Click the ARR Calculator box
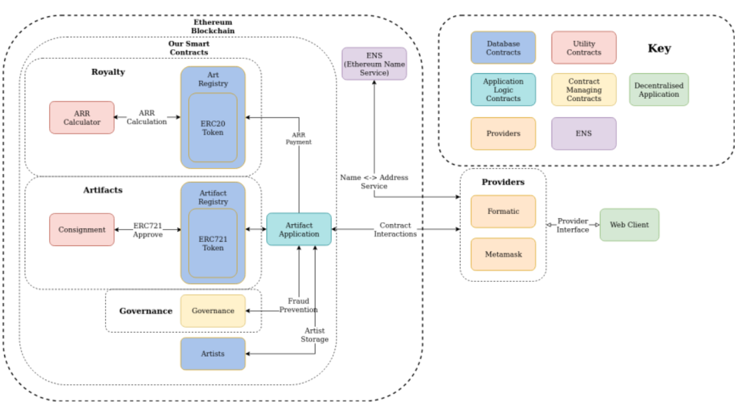pos(82,117)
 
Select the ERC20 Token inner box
pos(212,128)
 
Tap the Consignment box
pos(82,230)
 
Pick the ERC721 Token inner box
pos(212,243)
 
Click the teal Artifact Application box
pos(299,230)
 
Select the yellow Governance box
pos(212,311)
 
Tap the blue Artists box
pos(212,354)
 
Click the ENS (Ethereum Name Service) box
pos(374,64)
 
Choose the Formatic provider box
pos(503,212)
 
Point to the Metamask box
pos(503,254)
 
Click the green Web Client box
pos(629,225)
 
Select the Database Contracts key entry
pos(503,48)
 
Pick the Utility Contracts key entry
pos(584,48)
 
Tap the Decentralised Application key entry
pos(658,90)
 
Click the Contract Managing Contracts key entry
pos(584,90)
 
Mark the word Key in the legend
pos(659,48)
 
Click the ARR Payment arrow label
pos(298,138)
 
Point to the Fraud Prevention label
pos(298,305)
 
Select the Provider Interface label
pos(572,225)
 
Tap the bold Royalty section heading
pos(108,72)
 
